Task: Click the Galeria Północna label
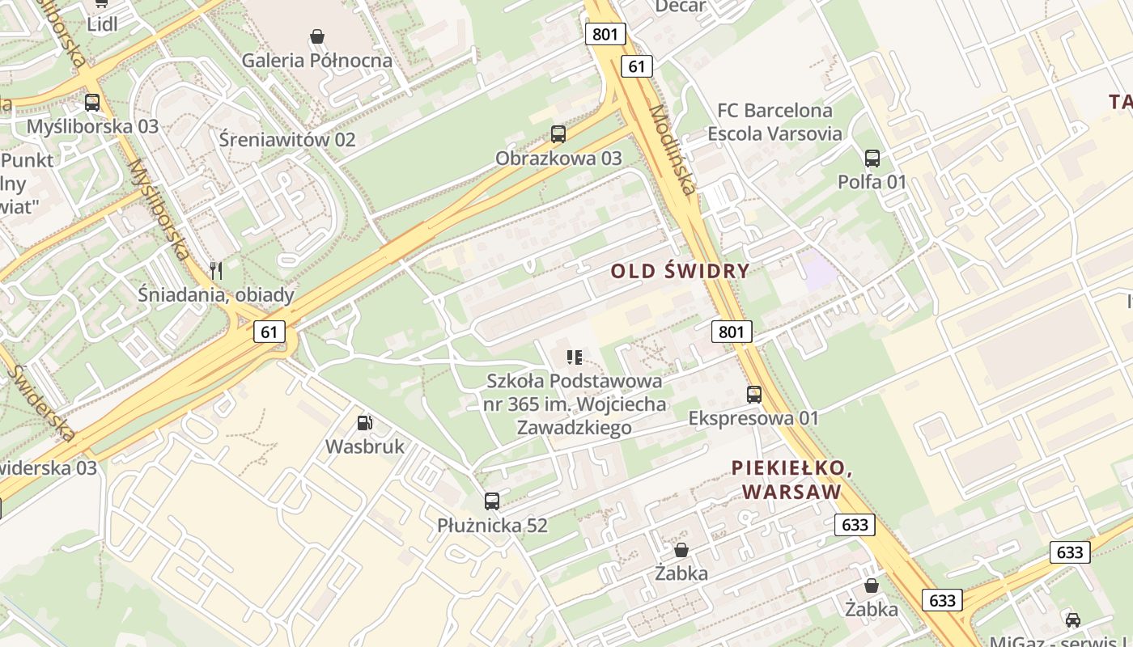[317, 60]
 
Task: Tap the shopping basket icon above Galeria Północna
[317, 36]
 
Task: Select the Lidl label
[102, 24]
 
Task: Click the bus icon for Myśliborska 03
[92, 103]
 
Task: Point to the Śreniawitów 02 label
[287, 139]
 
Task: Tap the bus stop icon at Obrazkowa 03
[558, 134]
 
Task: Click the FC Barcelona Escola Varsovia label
[774, 121]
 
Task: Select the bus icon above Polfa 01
[872, 159]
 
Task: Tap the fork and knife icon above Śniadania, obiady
[215, 270]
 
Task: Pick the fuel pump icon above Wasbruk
[365, 422]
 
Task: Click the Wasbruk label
[364, 446]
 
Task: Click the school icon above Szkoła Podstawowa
[575, 357]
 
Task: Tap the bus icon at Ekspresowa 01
[754, 395]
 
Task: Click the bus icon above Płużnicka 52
[492, 501]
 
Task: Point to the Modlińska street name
[672, 150]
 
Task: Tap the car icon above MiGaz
[1073, 620]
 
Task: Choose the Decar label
[680, 6]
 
